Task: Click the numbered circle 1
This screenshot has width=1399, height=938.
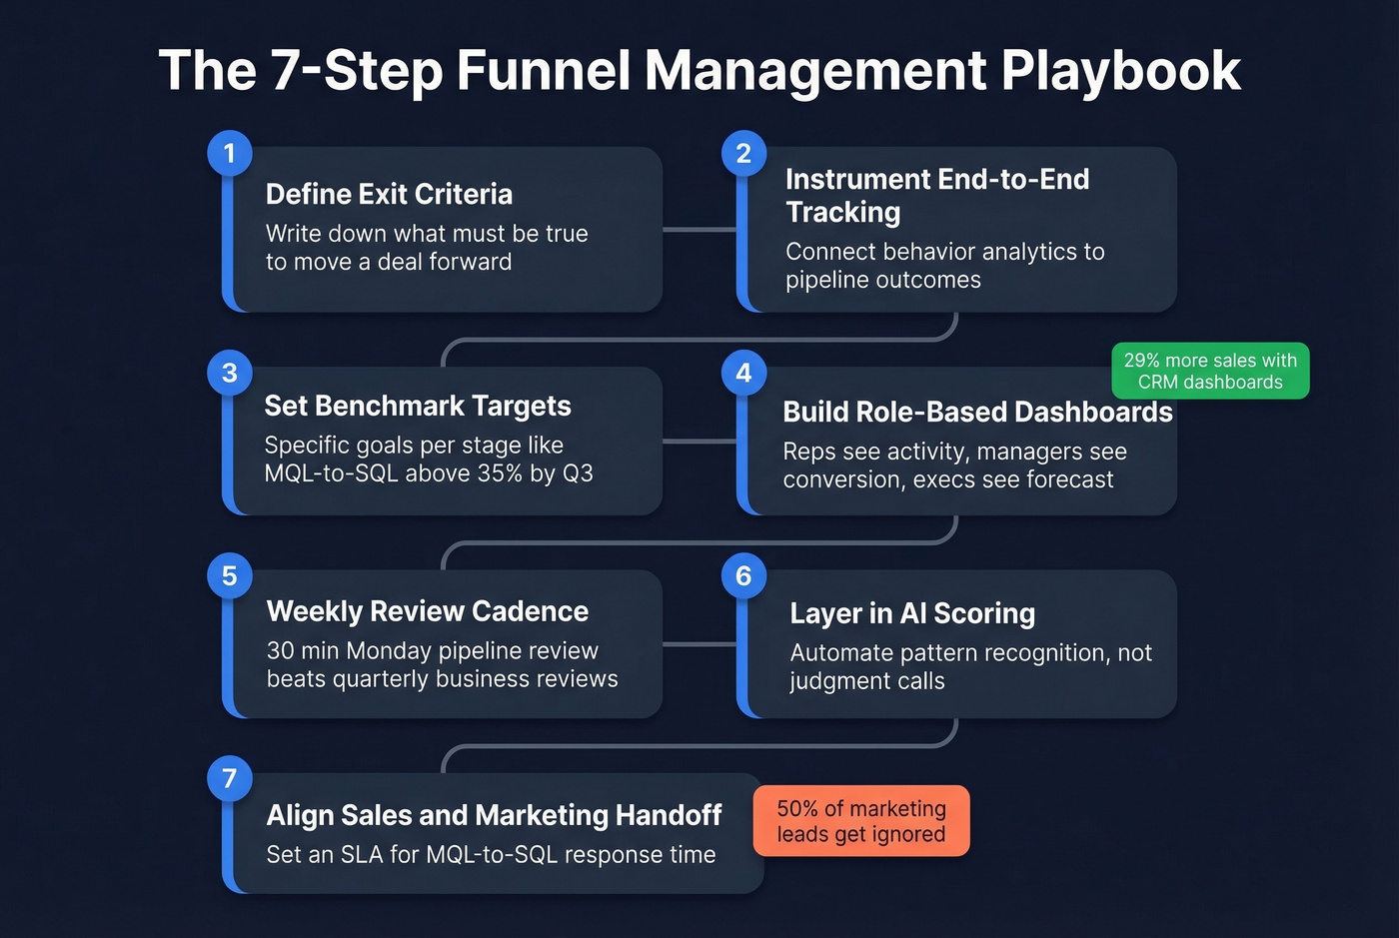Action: pos(230,154)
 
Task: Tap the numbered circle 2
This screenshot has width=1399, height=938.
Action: pos(743,154)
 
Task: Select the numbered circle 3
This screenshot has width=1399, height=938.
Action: pos(230,373)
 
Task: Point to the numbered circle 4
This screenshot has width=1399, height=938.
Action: pos(743,373)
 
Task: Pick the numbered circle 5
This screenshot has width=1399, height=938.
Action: pos(230,576)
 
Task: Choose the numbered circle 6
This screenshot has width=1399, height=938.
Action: pos(743,576)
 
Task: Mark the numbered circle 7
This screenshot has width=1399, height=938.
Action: pos(230,779)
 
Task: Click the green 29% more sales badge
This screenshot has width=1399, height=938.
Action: pos(1210,371)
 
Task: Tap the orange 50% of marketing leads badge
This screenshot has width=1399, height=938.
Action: pos(860,821)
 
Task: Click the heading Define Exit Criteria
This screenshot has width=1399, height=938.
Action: pos(389,194)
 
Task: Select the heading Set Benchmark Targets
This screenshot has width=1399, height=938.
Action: pos(418,406)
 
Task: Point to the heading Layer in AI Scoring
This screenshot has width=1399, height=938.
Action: pos(912,613)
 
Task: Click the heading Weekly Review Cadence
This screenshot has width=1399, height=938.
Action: pos(428,611)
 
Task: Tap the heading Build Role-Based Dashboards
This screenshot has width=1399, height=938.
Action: pos(977,412)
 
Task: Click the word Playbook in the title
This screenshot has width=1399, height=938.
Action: pos(1120,71)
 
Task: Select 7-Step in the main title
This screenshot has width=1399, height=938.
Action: pos(357,71)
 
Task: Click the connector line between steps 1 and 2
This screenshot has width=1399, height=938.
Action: pos(699,230)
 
